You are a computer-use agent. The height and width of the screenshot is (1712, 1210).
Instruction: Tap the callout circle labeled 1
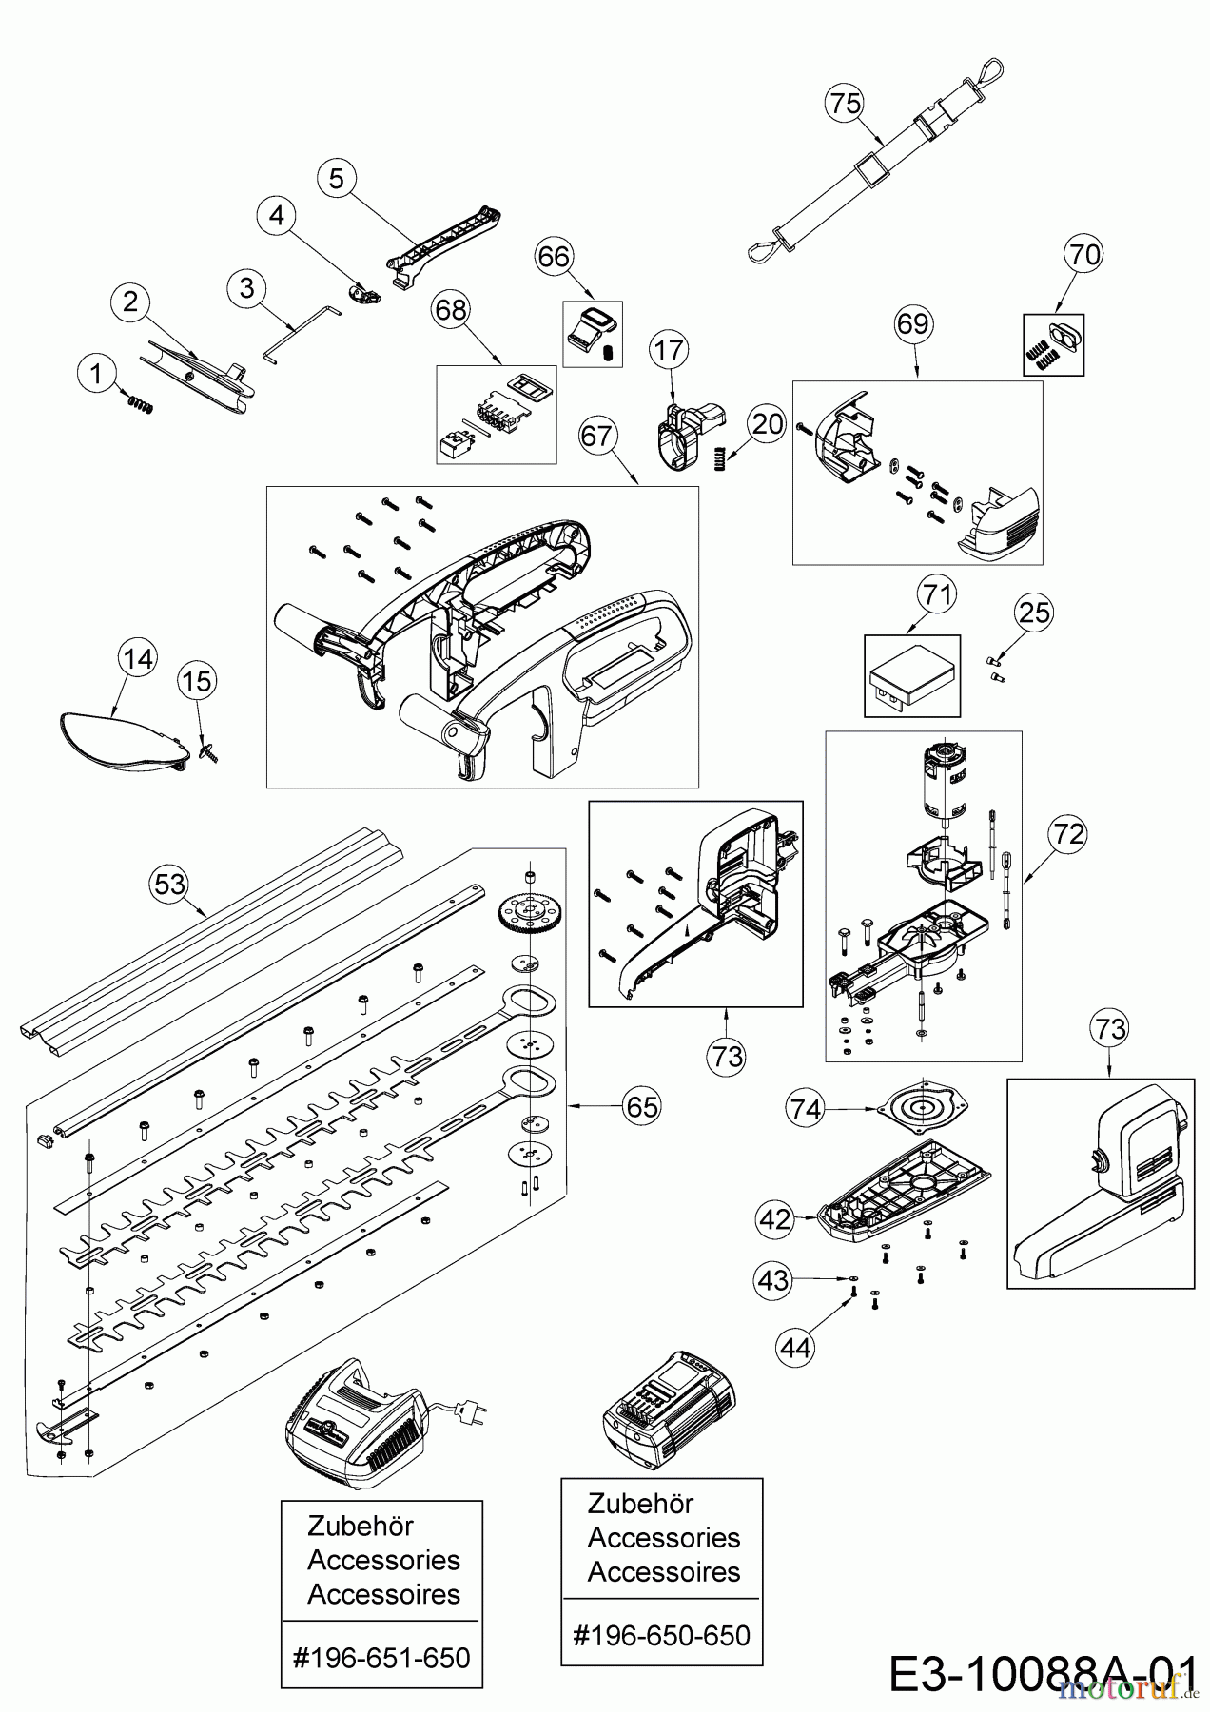pos(95,374)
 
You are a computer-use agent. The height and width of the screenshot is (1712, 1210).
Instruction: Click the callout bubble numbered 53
pos(170,885)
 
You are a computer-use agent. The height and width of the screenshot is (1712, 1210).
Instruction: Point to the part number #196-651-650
pos(382,1658)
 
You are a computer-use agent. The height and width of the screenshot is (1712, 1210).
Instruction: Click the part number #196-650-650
pos(662,1635)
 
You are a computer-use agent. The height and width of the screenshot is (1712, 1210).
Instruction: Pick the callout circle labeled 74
pos(806,1108)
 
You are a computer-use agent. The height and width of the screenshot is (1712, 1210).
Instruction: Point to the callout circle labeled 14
pos(139,659)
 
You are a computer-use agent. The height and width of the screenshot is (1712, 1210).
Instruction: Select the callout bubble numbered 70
pos(1084,254)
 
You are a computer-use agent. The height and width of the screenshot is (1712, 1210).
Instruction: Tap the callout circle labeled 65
pos(641,1106)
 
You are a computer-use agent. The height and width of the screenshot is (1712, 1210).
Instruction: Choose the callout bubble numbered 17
pos(669,350)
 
